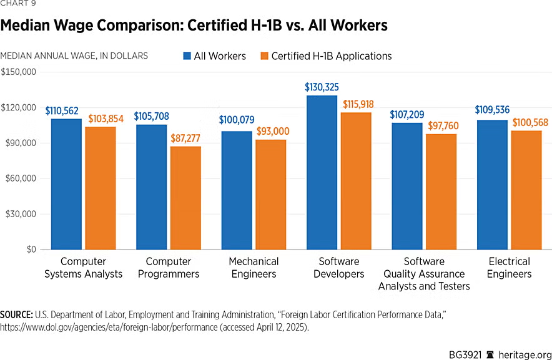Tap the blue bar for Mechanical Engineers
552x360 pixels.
237,190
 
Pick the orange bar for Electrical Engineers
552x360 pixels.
526,190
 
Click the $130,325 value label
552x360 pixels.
322,87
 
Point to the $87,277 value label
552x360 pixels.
185,138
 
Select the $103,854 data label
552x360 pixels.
101,119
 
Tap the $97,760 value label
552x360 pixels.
441,126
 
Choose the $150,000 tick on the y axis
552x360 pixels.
19,72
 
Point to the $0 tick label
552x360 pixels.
29,250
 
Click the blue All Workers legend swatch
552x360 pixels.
187,56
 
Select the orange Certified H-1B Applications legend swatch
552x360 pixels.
264,56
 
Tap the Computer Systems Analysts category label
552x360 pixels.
84,268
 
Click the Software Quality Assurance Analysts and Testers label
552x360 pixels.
424,274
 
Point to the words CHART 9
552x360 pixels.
18,6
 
